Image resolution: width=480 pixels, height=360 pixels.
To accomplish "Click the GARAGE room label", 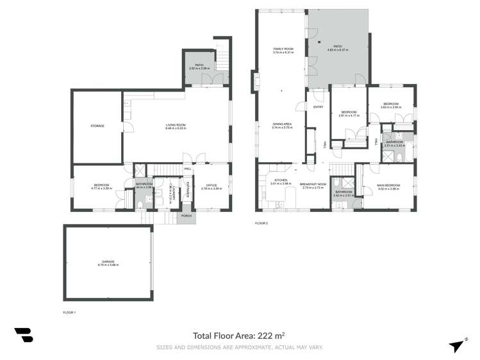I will [108, 261].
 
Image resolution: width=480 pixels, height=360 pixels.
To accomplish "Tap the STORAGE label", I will [97, 126].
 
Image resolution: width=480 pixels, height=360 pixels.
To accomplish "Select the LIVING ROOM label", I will [176, 126].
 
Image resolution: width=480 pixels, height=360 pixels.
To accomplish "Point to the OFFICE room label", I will [211, 185].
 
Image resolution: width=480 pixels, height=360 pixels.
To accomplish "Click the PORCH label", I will [186, 215].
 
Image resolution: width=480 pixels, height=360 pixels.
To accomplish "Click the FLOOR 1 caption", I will [69, 312].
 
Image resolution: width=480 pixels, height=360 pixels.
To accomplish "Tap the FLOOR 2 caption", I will [261, 223].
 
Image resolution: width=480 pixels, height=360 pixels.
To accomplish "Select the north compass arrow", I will [457, 345].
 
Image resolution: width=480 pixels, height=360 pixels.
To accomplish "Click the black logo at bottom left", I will [23, 335].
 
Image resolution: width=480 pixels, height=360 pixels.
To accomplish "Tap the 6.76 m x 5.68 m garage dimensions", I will [108, 265].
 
